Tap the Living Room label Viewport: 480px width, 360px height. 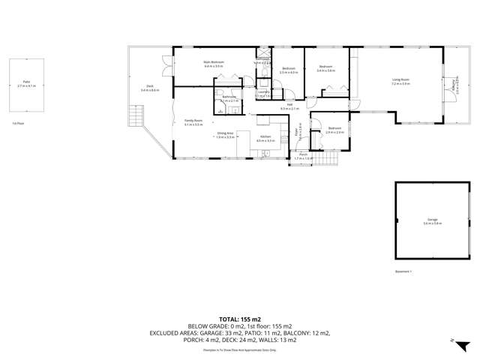[x=400, y=80]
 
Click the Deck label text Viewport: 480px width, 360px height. [x=150, y=88]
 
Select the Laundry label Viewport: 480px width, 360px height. [x=263, y=93]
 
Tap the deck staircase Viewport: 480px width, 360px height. [x=135, y=116]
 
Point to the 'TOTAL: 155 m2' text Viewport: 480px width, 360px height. [x=239, y=319]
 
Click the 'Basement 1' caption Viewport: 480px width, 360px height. [x=403, y=271]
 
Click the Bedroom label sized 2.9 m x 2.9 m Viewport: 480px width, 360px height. [x=335, y=129]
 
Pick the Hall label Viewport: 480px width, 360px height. [x=289, y=106]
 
